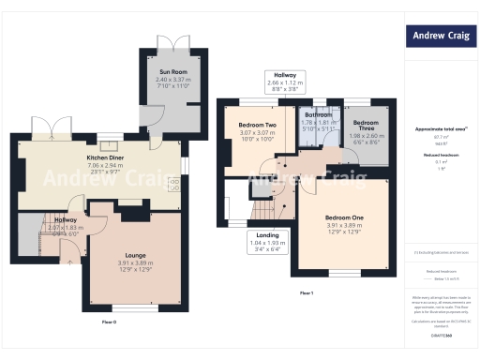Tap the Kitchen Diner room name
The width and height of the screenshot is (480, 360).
106,157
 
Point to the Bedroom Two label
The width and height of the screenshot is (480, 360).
256,125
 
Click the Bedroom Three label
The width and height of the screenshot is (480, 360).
366,124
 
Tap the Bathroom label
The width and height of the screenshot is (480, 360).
316,115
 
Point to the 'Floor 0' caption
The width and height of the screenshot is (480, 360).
109,322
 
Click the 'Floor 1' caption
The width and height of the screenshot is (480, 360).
306,293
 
